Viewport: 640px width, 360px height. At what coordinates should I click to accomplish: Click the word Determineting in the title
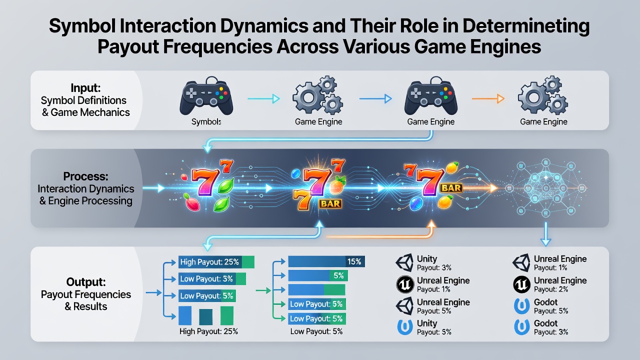(526, 26)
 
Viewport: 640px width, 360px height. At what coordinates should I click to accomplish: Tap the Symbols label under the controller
(206, 121)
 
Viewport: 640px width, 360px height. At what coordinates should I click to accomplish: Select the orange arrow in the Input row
(488, 99)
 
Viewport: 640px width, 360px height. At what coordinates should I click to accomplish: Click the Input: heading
(85, 87)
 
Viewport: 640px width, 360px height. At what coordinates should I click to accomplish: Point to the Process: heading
(85, 176)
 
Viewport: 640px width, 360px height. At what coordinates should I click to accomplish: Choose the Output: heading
(86, 282)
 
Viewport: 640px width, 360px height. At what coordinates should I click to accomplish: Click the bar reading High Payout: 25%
(216, 262)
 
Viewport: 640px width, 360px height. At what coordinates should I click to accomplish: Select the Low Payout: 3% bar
(212, 278)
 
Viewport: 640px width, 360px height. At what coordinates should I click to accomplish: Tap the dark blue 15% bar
(326, 261)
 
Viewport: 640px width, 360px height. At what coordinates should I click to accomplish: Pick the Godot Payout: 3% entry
(541, 327)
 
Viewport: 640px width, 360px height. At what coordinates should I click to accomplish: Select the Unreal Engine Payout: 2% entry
(549, 284)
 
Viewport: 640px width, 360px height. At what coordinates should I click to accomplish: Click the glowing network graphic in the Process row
(545, 188)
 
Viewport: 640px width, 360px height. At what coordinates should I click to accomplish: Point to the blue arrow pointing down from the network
(545, 234)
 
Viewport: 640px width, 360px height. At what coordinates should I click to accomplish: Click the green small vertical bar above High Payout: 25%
(227, 315)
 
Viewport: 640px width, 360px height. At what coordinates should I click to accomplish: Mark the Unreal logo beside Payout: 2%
(521, 284)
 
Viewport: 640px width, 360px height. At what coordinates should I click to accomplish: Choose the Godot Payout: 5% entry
(541, 306)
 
